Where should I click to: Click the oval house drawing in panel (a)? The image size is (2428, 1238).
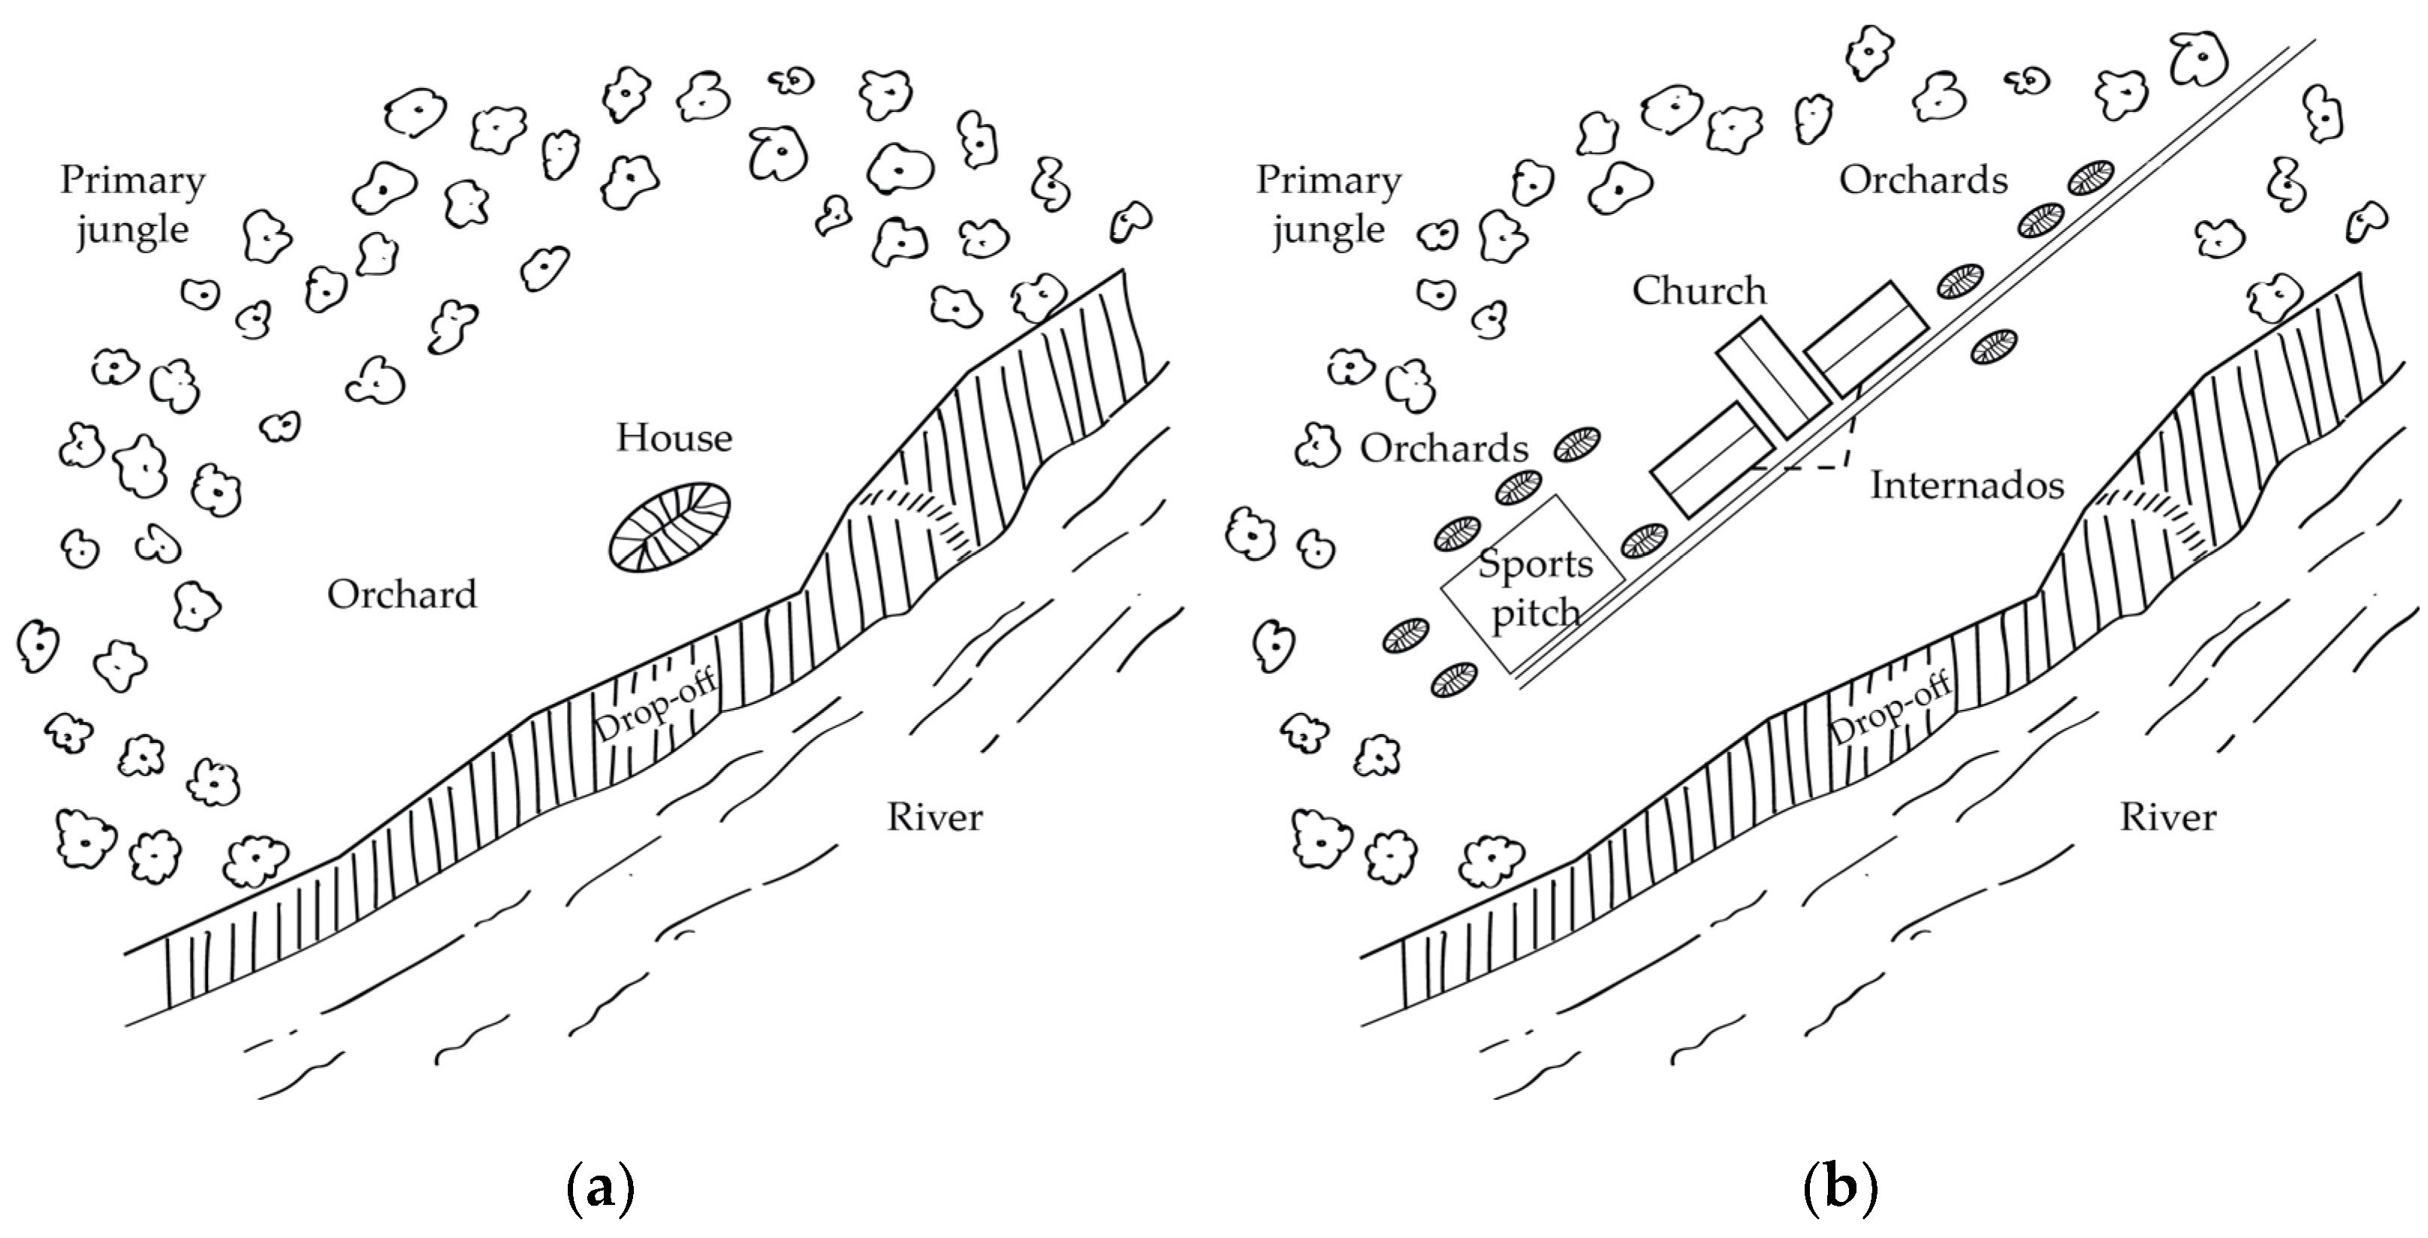(x=669, y=527)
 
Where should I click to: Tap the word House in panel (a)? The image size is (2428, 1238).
(x=674, y=439)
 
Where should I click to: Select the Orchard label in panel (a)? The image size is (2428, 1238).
(x=403, y=595)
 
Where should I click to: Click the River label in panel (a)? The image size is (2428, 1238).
(x=934, y=817)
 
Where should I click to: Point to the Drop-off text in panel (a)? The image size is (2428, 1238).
(x=655, y=706)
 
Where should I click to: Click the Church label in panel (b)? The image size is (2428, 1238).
(x=1700, y=291)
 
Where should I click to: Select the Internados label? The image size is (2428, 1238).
(x=1967, y=485)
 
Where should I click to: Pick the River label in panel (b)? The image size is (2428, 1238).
(x=2168, y=817)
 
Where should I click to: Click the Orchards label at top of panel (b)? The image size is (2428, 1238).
(x=1924, y=180)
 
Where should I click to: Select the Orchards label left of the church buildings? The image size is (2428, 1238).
(x=1444, y=448)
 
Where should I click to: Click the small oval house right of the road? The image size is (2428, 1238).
(x=1995, y=347)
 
